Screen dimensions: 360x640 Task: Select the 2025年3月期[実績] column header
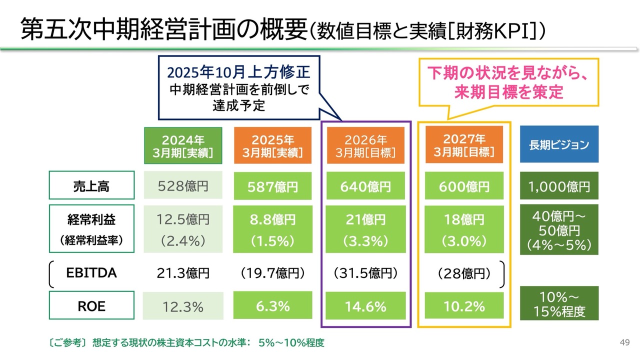click(x=272, y=145)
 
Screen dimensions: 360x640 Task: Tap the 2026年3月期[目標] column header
click(x=365, y=145)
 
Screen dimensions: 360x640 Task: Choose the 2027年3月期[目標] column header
click(x=463, y=145)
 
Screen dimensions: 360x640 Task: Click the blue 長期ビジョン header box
click(x=559, y=144)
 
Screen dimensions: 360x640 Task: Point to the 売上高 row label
click(x=91, y=186)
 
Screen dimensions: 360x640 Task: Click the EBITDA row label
click(x=91, y=273)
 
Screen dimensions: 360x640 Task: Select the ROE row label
click(x=91, y=306)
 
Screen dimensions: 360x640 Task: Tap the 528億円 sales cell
click(x=182, y=186)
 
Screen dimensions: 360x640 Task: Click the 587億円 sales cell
click(x=272, y=186)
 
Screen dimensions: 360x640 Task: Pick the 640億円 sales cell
click(x=365, y=186)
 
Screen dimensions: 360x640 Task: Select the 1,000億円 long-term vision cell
click(x=559, y=186)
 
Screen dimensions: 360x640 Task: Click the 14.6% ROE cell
click(x=365, y=306)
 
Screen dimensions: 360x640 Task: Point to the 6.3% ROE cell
click(x=272, y=306)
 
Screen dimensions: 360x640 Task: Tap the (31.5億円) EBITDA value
click(x=365, y=273)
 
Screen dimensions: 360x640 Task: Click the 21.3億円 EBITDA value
click(x=182, y=273)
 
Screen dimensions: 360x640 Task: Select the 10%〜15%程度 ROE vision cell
click(x=559, y=303)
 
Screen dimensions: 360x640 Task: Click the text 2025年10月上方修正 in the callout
click(x=238, y=73)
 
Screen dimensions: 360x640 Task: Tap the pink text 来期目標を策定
click(x=508, y=92)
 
